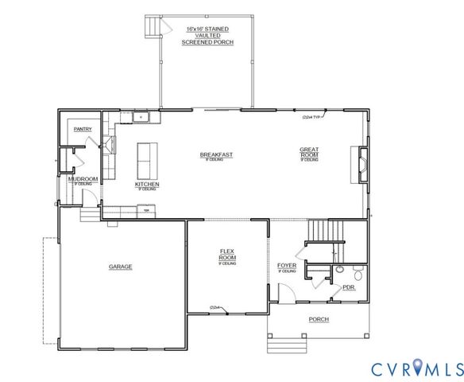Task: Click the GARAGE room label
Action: [121, 267]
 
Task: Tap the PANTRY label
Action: [83, 129]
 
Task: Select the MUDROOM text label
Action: [83, 179]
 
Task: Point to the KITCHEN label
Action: [147, 185]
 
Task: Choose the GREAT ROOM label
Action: [309, 151]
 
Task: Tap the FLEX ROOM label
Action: [228, 255]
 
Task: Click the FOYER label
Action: [287, 265]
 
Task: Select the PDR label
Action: [347, 287]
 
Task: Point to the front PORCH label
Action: [319, 319]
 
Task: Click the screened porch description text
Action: [206, 35]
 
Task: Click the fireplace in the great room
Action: [363, 166]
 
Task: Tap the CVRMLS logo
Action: [416, 368]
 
